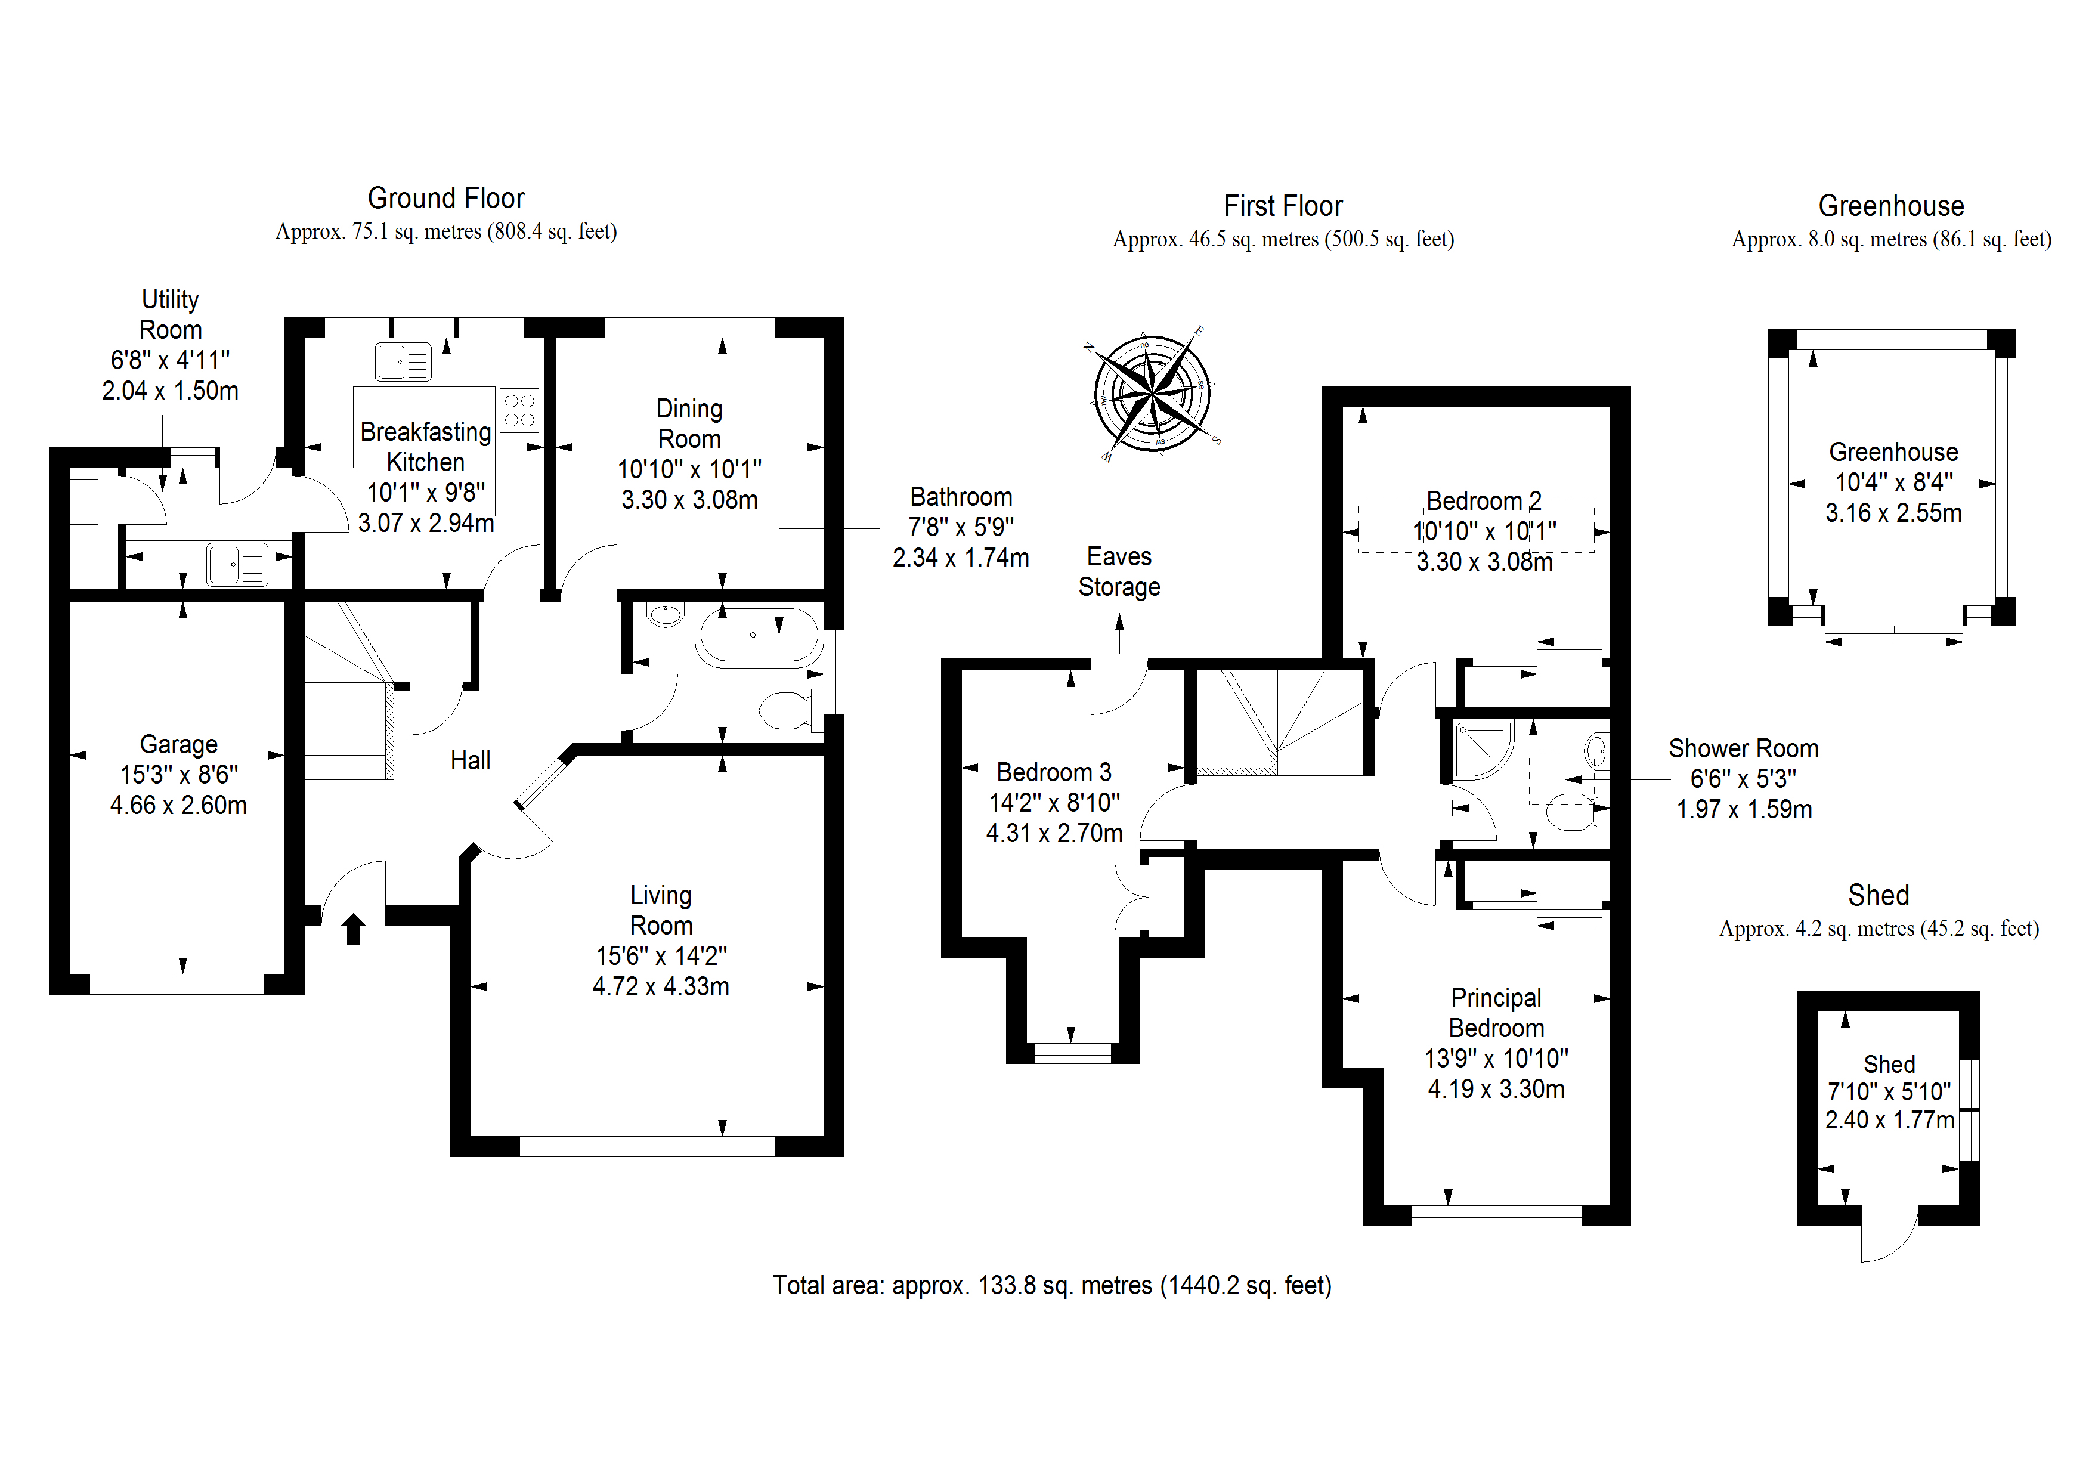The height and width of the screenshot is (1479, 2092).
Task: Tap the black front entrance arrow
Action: coord(354,929)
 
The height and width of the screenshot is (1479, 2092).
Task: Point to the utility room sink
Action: coord(237,564)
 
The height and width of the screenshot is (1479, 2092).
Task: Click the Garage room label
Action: coord(178,744)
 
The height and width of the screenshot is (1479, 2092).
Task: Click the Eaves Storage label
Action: coord(1119,571)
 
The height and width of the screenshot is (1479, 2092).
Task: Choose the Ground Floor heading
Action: coord(447,198)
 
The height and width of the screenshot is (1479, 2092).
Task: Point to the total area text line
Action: coord(1053,1285)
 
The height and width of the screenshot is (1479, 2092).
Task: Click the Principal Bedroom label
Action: coord(1496,1013)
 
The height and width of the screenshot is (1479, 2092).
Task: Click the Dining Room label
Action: coord(690,424)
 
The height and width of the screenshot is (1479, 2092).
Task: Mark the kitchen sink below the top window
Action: coord(403,362)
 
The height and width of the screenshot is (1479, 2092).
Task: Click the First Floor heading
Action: coord(1283,206)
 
